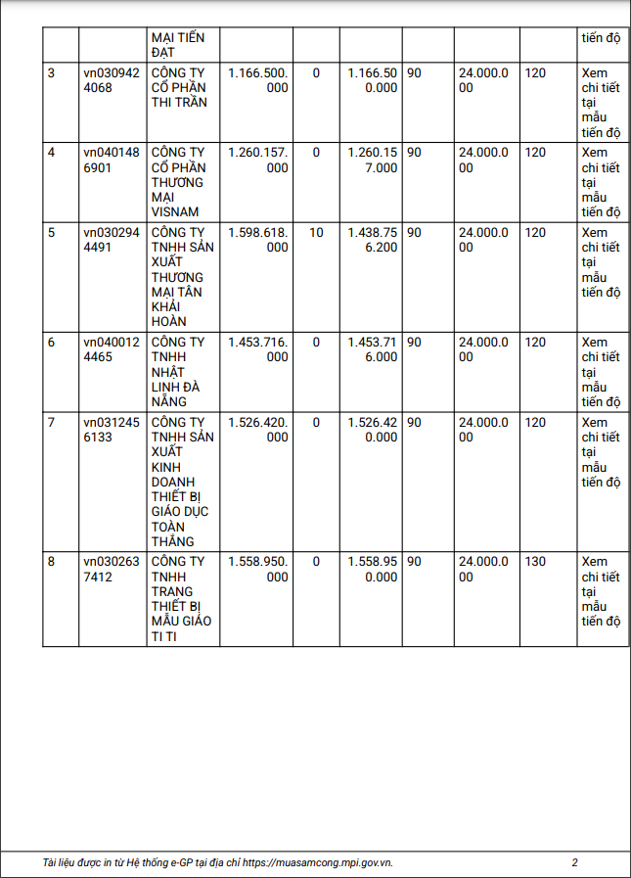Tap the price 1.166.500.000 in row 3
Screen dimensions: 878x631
tap(258, 80)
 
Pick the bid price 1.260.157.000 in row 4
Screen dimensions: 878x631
tap(258, 160)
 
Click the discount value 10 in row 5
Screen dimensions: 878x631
tap(316, 232)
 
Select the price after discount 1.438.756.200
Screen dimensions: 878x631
tap(373, 240)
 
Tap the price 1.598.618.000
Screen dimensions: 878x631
tap(258, 240)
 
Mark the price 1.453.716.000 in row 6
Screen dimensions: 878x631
tap(258, 349)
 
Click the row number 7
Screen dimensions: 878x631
tap(52, 422)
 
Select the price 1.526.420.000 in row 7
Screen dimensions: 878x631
tap(258, 430)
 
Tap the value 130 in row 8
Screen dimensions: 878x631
tap(536, 562)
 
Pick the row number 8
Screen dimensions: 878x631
tap(52, 562)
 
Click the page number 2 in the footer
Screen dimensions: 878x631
tap(575, 862)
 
